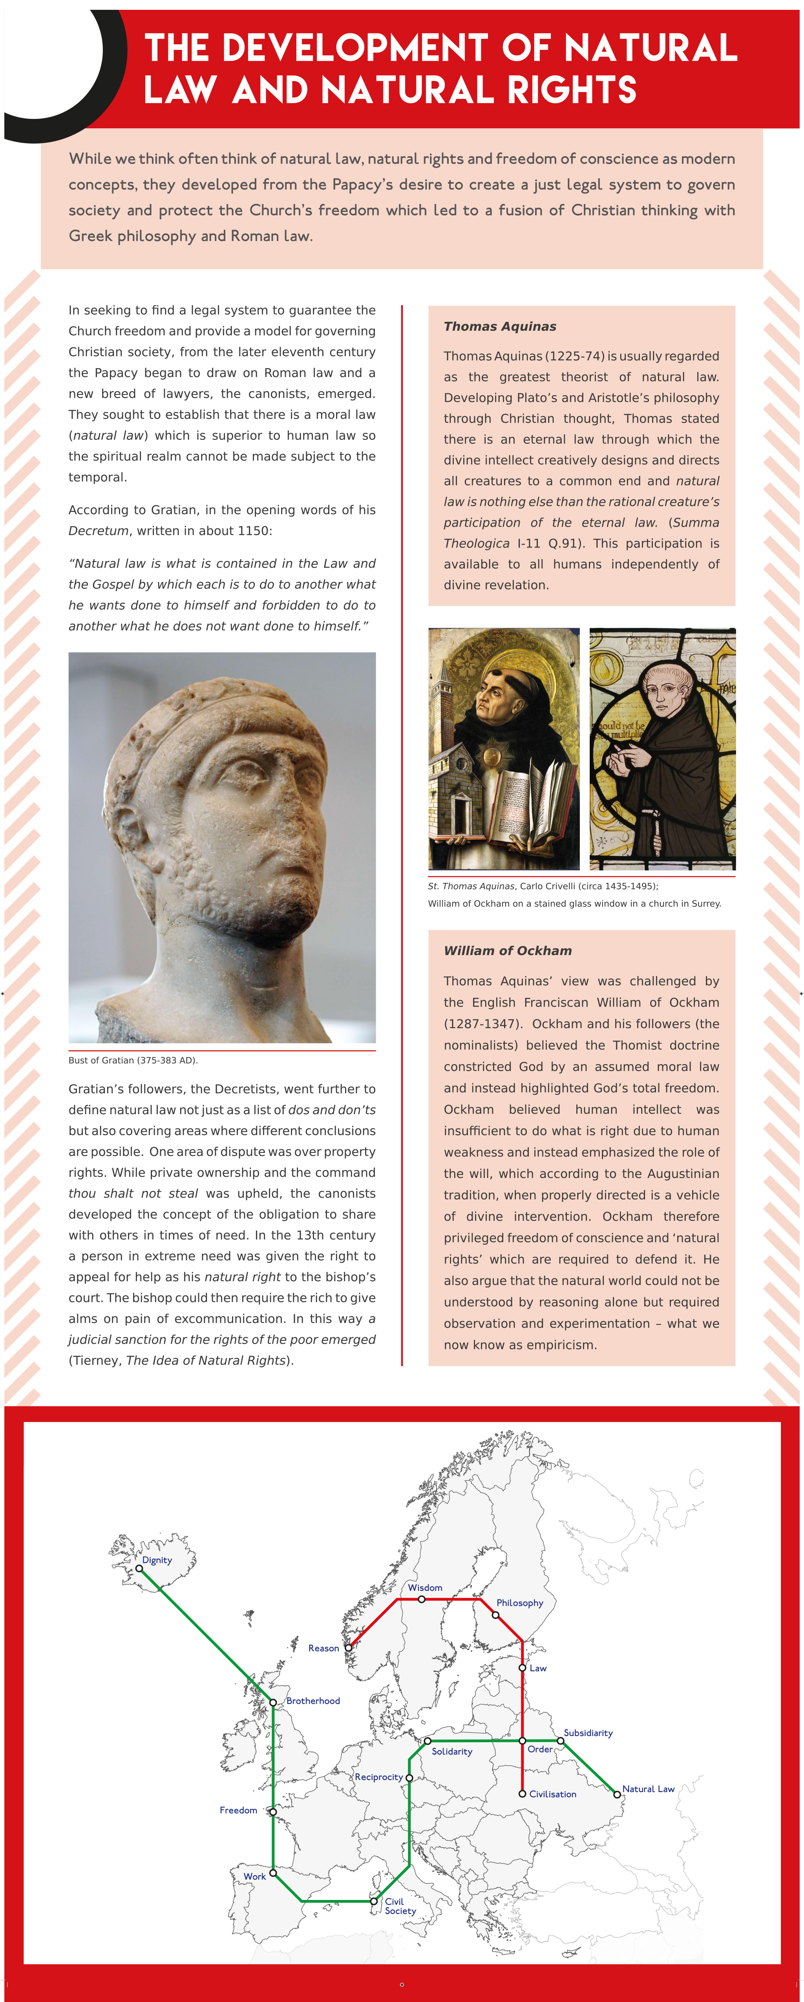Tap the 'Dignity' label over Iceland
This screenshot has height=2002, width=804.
pos(157,1560)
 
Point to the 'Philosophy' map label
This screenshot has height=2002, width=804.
pos(519,1603)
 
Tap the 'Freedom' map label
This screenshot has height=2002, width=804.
pos(238,1810)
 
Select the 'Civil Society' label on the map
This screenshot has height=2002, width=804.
pos(400,1905)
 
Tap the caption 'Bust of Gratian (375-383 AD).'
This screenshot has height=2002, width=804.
pos(133,1060)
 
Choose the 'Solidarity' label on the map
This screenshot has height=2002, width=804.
pos(452,1751)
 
